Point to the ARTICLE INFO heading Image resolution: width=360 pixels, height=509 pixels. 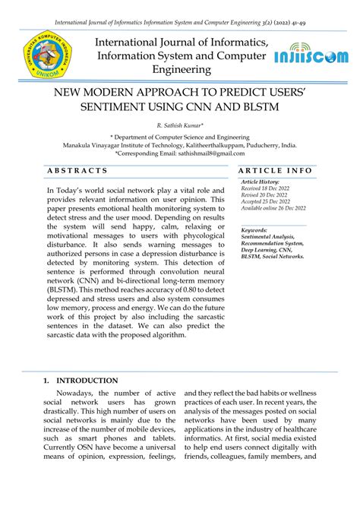pyautogui.click(x=275, y=171)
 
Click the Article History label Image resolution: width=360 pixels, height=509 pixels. pyautogui.click(x=260, y=183)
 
